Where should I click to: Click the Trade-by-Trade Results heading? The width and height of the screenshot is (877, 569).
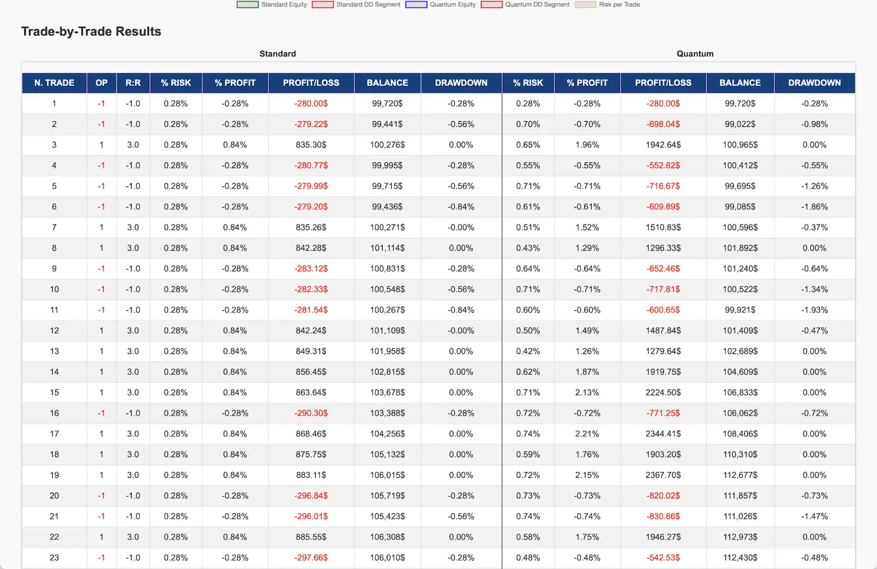[x=91, y=32]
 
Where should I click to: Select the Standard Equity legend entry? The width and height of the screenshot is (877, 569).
[x=272, y=5]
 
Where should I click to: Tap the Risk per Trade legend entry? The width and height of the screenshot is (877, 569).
[x=608, y=5]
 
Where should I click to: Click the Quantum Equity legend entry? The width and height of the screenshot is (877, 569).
[x=441, y=5]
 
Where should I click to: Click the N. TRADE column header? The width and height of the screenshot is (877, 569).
[x=54, y=83]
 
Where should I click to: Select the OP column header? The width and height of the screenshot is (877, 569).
[x=102, y=83]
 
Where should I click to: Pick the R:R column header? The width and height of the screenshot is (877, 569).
[x=133, y=83]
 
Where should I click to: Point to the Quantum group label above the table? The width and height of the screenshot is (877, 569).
[x=695, y=54]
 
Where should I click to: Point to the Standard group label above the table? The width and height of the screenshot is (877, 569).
[x=277, y=54]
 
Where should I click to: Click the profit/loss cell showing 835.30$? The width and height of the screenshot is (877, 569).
[x=311, y=145]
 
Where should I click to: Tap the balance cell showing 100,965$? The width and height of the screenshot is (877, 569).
[x=740, y=145]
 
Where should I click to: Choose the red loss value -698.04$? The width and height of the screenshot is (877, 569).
[x=663, y=124]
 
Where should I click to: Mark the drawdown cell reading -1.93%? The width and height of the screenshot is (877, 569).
[x=814, y=310]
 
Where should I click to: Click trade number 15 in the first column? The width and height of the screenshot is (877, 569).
[x=54, y=393]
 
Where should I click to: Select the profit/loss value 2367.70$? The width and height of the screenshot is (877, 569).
[x=663, y=475]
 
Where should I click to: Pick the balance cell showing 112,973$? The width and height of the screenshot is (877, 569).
[x=740, y=537]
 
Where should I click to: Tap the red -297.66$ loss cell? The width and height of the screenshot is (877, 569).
[x=311, y=557]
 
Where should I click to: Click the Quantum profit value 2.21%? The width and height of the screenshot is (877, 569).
[x=587, y=434]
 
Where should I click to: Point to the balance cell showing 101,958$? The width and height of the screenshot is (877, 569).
[x=387, y=351]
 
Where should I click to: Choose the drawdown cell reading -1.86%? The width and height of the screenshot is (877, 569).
[x=814, y=207]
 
